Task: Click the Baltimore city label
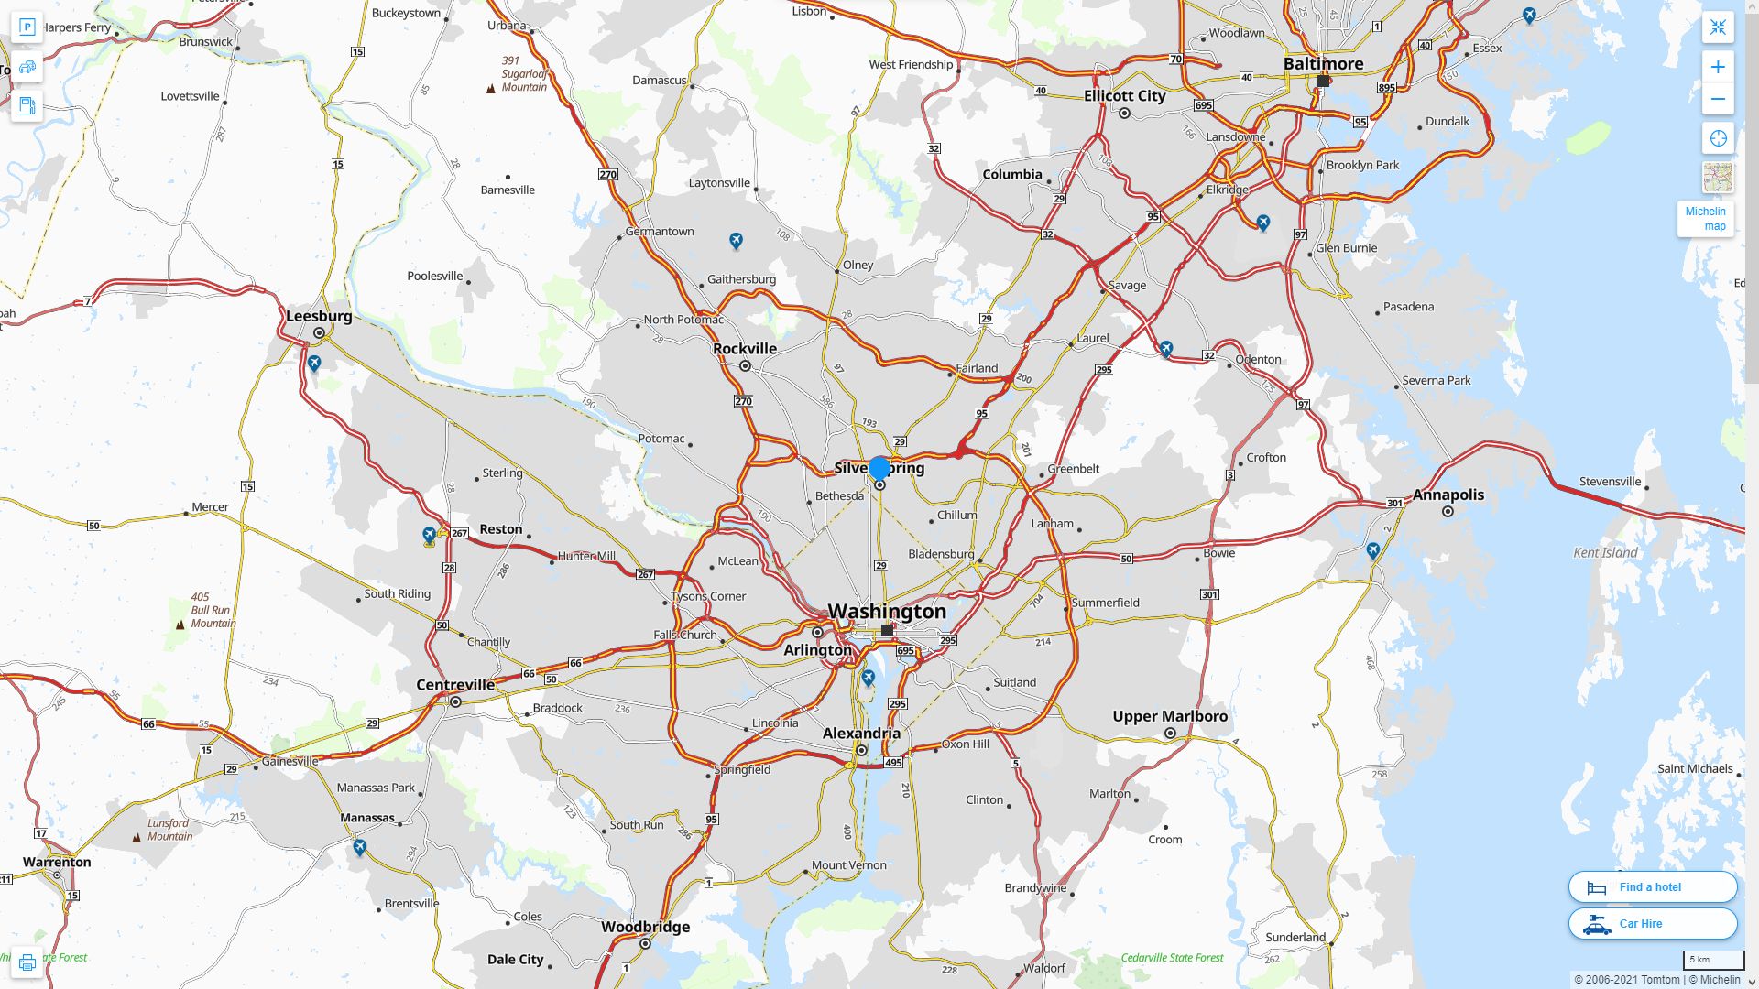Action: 1323,64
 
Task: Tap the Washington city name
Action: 887,611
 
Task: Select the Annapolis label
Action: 1448,494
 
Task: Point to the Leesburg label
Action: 319,316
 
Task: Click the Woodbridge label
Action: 645,927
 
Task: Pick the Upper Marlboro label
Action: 1170,716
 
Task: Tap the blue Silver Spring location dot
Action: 879,469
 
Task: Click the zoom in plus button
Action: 1718,67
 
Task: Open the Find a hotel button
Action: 1652,886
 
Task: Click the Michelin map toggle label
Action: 1705,219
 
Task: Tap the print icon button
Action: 27,962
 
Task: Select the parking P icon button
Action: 27,27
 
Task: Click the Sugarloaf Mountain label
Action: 524,74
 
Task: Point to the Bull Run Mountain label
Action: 213,610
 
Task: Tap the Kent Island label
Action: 1605,552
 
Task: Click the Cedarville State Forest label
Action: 1172,958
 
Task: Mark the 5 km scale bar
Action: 1712,960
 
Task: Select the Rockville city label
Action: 745,349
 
